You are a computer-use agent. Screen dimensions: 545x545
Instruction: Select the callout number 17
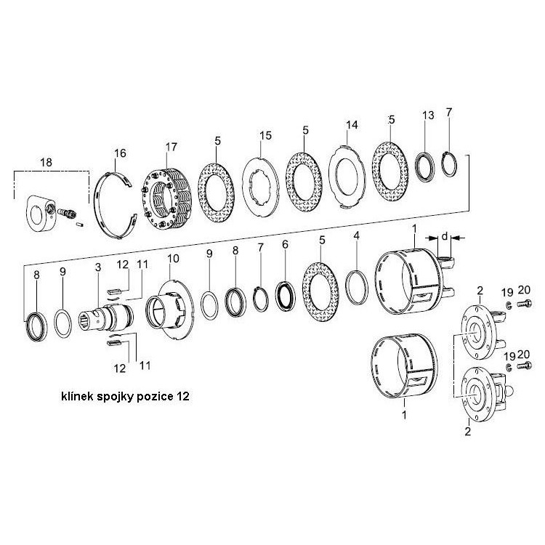171,148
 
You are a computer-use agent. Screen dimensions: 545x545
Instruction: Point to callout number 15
265,136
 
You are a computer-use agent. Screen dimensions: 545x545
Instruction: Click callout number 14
352,125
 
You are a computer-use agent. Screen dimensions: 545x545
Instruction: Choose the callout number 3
97,268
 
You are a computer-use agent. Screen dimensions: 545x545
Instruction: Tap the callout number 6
285,244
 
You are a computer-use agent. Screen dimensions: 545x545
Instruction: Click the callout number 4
356,236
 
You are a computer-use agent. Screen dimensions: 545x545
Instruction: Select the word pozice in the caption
155,399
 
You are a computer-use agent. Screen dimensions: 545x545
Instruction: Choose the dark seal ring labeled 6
285,288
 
